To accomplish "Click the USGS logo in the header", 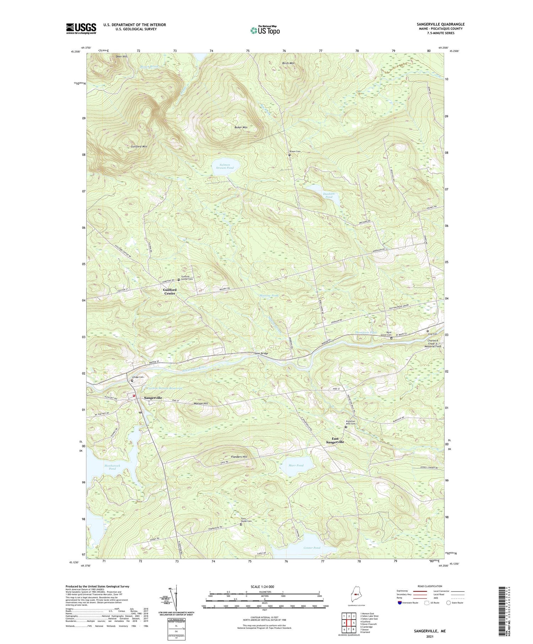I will pyautogui.click(x=81, y=28).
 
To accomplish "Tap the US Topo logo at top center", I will pyautogui.click(x=265, y=31).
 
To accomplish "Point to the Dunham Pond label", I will pyautogui.click(x=328, y=195).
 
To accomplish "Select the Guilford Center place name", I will pyautogui.click(x=169, y=292).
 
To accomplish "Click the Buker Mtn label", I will pyautogui.click(x=241, y=127).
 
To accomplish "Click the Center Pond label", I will pyautogui.click(x=312, y=548).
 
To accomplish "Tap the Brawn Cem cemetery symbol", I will pyautogui.click(x=290, y=155).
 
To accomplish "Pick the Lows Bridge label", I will pyautogui.click(x=261, y=353).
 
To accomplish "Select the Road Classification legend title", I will pyautogui.click(x=430, y=586).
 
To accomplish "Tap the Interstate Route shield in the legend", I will pyautogui.click(x=399, y=603).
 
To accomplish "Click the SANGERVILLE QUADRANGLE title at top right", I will pyautogui.click(x=441, y=24).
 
